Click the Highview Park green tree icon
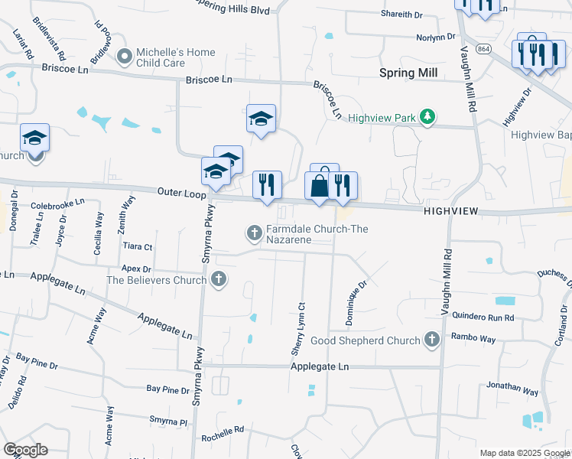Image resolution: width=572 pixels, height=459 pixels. pos(430,117)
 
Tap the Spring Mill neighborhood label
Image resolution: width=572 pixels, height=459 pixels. pos(409,73)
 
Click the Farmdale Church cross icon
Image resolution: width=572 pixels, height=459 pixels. pos(255,231)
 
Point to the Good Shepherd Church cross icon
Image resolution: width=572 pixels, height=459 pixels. pos(431,340)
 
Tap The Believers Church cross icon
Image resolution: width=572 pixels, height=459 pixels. pos(219,279)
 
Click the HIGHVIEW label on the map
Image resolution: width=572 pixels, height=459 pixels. pos(450,210)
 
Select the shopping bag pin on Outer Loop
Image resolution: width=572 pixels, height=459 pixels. pos(319,185)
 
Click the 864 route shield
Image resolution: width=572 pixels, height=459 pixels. pos(483,49)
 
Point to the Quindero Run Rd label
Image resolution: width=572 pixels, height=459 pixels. pos(482,317)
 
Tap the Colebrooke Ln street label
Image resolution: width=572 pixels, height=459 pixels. pos(57,206)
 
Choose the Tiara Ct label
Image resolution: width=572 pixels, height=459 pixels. pos(138,247)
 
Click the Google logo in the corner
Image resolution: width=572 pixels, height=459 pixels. pos(25,450)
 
